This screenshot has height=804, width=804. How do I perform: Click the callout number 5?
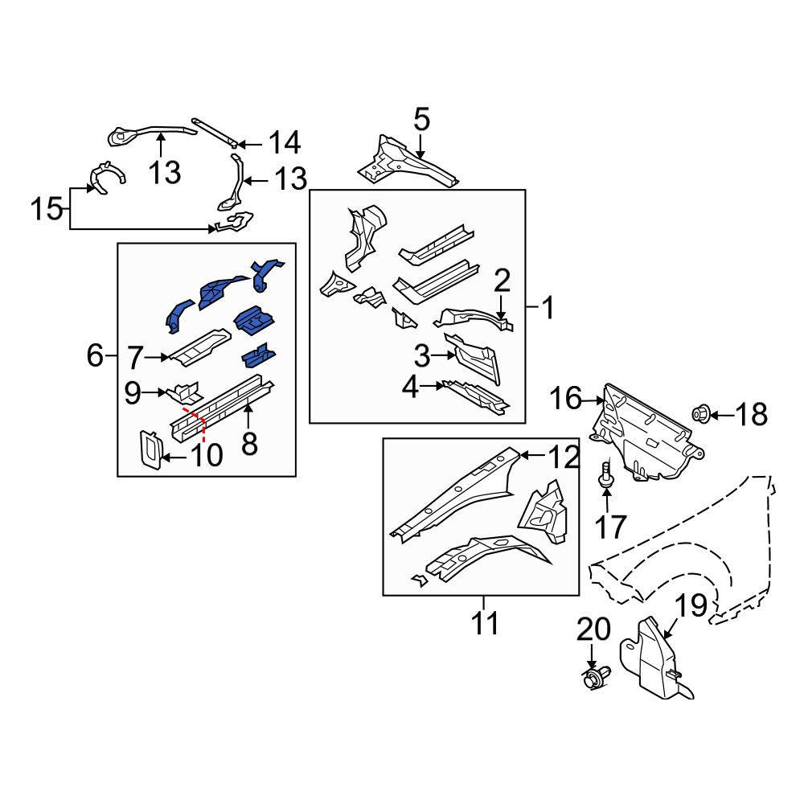click(x=421, y=120)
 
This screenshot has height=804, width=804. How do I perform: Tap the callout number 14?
click(x=285, y=142)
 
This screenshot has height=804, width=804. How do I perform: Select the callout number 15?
click(x=47, y=209)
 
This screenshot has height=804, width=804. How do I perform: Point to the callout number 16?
click(x=565, y=399)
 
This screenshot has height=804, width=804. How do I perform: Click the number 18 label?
click(x=751, y=414)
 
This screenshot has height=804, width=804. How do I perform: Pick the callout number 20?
click(x=593, y=630)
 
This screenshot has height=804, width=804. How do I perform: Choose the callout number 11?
click(x=485, y=623)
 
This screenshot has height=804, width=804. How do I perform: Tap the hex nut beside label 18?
click(x=700, y=413)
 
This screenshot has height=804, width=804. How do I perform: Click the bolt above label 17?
click(x=605, y=473)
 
